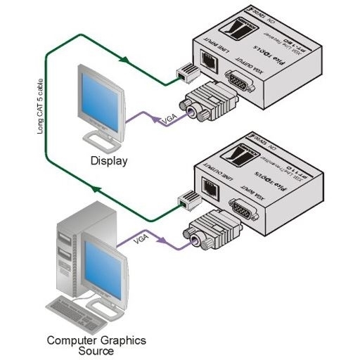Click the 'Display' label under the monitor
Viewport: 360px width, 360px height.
point(109,161)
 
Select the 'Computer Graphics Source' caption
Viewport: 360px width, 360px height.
point(96,345)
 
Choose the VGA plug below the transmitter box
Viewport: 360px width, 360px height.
point(210,231)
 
